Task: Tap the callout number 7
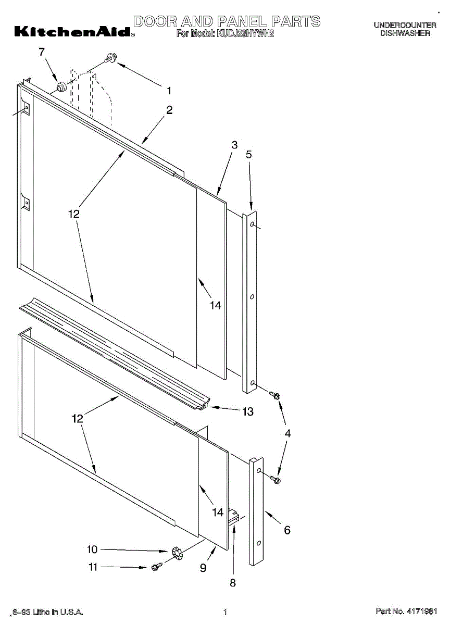pos(42,52)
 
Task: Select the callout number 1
pos(169,90)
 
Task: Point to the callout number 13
pos(247,411)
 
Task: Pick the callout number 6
pos(287,530)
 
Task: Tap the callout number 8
pos(233,583)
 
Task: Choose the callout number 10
pos(92,549)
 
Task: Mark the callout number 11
pos(93,567)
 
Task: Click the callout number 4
pos(287,433)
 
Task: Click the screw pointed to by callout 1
pos(111,58)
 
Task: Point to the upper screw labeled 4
pos(275,395)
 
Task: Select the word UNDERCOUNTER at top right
pos(405,25)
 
